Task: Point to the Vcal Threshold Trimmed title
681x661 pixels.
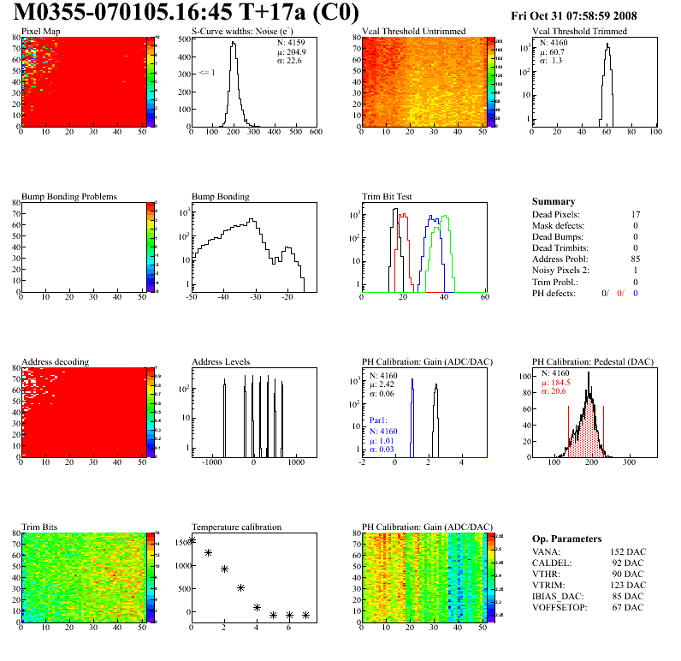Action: click(x=579, y=32)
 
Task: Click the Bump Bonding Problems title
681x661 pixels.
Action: click(x=68, y=196)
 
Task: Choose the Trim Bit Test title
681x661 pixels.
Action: click(x=388, y=196)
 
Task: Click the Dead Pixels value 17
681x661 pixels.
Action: click(x=636, y=214)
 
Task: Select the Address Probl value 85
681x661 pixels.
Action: click(x=636, y=259)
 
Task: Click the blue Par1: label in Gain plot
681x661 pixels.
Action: click(x=379, y=421)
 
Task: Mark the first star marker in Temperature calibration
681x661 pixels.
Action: click(x=192, y=540)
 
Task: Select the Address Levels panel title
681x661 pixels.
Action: click(x=221, y=361)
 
